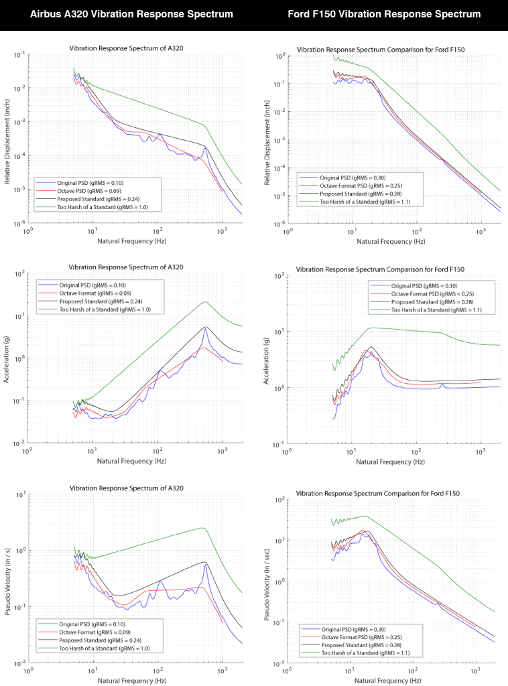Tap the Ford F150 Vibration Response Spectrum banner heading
[x=384, y=14]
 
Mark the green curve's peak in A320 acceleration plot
[x=204, y=301]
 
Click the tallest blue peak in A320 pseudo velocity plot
[x=205, y=565]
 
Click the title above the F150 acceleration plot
[x=381, y=269]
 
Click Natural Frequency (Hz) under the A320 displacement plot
[x=127, y=241]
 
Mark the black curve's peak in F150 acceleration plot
[x=370, y=347]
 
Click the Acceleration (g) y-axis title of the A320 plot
[x=7, y=359]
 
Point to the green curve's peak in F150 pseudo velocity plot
[x=365, y=516]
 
